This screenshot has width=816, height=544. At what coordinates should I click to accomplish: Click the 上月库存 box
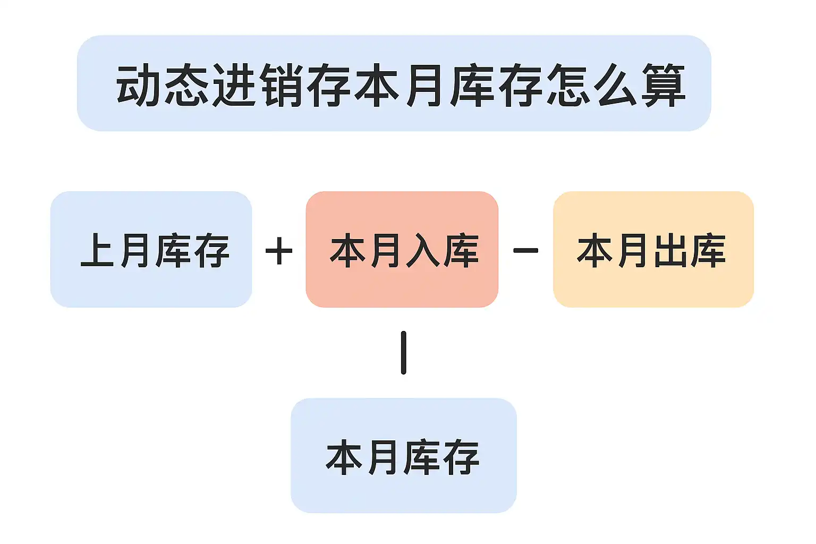tap(151, 249)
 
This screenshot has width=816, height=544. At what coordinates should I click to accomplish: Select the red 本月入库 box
tap(402, 249)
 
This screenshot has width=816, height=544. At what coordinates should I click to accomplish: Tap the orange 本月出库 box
tap(653, 249)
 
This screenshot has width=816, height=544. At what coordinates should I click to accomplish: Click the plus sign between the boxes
tap(279, 251)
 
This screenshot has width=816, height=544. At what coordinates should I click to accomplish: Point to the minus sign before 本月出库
tap(525, 250)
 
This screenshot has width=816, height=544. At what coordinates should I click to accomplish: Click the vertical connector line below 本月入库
tap(404, 353)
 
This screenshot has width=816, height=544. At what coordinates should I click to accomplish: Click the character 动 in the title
tap(139, 85)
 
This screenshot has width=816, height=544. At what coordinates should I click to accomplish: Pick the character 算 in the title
tap(664, 85)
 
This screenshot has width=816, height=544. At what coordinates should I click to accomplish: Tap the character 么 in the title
tap(616, 85)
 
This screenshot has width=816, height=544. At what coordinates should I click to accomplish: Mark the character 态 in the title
tap(186, 85)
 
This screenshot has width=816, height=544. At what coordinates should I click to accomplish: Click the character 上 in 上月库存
tap(98, 250)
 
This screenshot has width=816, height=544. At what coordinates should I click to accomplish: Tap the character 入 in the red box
tap(423, 250)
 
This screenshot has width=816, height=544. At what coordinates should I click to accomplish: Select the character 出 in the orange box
tap(670, 250)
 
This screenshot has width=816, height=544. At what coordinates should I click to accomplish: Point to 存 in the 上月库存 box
tap(211, 250)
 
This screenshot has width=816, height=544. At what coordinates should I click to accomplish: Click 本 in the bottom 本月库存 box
tap(344, 457)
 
